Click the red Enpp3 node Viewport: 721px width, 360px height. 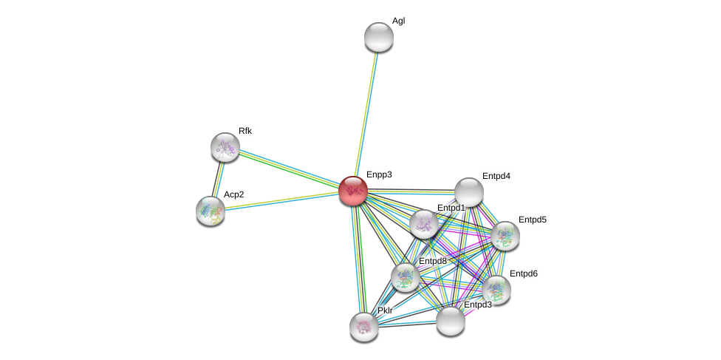[x=353, y=191]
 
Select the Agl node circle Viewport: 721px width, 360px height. [x=379, y=37]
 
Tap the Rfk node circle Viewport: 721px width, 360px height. [x=225, y=147]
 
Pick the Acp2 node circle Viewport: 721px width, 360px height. [x=211, y=211]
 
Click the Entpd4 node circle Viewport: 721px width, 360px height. [x=468, y=192]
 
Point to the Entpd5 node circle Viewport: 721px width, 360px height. [x=505, y=236]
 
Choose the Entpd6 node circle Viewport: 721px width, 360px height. [x=496, y=289]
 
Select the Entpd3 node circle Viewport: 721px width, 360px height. [x=450, y=321]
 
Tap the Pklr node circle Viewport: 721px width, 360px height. [x=364, y=326]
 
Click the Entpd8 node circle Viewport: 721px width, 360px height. [x=406, y=277]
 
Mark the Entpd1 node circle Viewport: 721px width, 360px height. [x=424, y=224]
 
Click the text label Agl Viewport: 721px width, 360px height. [x=398, y=21]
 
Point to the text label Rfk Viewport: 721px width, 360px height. [x=245, y=131]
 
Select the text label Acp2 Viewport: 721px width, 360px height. [x=234, y=194]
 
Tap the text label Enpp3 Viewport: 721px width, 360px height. [x=379, y=174]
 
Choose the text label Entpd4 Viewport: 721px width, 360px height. [x=496, y=176]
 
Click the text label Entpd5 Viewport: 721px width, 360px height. [x=532, y=220]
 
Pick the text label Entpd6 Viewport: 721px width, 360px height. [x=523, y=274]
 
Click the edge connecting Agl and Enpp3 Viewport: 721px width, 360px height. [x=366, y=111]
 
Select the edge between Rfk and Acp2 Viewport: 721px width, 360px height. [x=218, y=179]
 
